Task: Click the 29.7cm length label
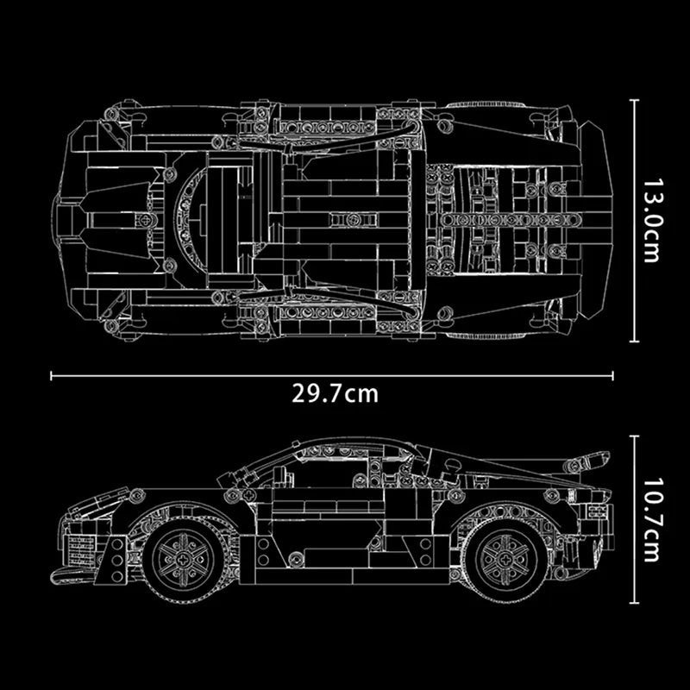pos(336,394)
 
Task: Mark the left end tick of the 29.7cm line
pos(53,375)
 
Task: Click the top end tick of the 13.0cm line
pos(636,100)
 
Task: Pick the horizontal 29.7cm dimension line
pos(216,375)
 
